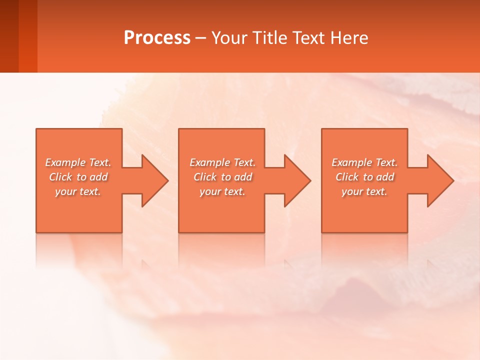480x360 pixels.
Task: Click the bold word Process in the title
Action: tap(157, 38)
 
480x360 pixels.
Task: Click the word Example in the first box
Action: tap(65, 162)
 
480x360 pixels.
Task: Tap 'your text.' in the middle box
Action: tap(222, 191)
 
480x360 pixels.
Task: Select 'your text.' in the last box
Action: tap(364, 191)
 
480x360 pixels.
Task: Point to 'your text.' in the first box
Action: tap(78, 191)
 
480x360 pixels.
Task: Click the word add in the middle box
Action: tap(243, 177)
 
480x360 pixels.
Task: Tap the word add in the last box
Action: tap(385, 177)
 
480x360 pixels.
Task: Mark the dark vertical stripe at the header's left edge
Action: tap(9, 36)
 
